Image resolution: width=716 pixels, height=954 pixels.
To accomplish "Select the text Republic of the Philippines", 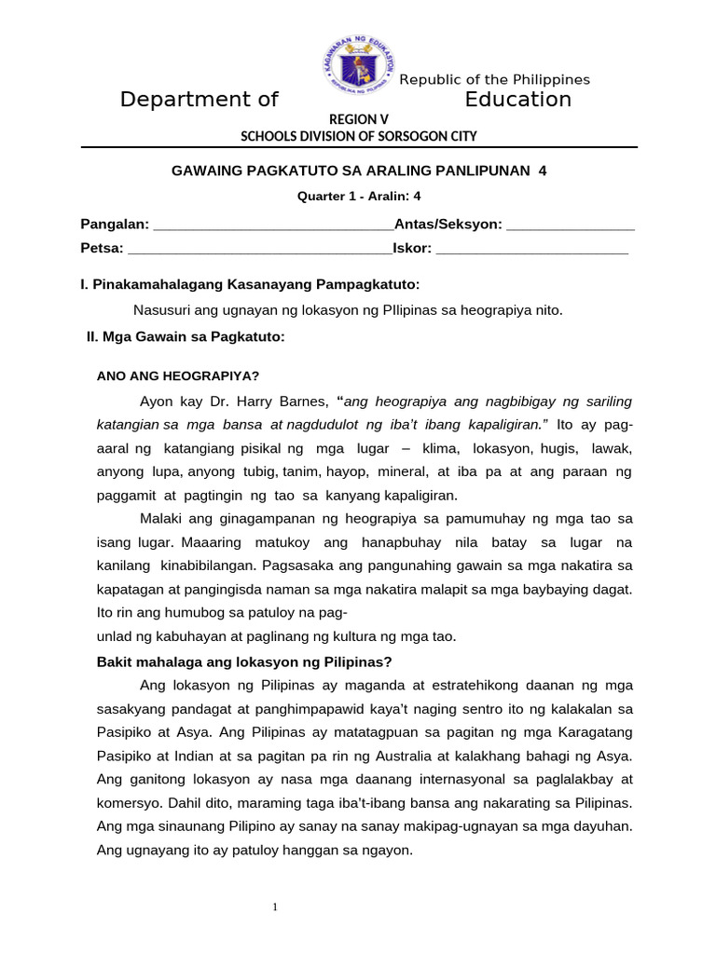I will coord(495,80).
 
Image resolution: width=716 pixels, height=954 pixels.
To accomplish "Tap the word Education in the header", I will coord(518,100).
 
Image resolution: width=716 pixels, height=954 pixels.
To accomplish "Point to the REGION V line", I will coord(359,119).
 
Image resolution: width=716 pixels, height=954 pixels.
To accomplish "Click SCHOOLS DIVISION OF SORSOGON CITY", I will coord(359,136).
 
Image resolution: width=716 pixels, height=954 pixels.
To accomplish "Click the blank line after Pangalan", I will coord(272,225).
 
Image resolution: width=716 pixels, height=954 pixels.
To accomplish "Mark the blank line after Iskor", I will coord(532,250).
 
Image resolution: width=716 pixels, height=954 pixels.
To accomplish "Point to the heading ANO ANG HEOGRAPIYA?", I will coord(178,376).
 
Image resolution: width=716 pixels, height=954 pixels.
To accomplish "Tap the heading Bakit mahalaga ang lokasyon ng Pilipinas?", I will coord(245,662).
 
